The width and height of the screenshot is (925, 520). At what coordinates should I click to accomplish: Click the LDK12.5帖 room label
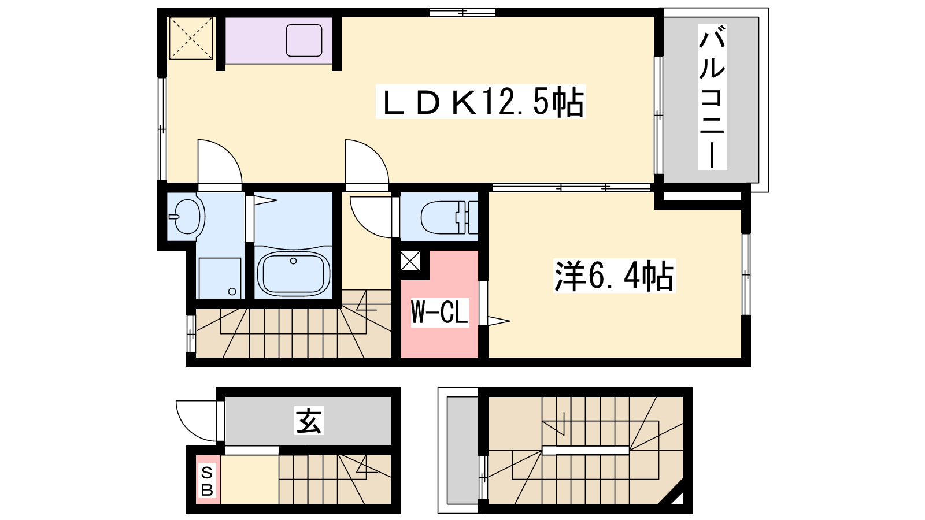coord(481,102)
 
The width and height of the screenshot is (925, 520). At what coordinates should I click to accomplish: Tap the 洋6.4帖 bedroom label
coord(614,276)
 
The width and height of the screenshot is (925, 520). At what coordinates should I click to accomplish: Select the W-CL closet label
coord(440,313)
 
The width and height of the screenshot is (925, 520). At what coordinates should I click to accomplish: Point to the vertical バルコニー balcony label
coord(712,97)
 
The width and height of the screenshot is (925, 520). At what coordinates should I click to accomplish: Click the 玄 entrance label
coord(309,421)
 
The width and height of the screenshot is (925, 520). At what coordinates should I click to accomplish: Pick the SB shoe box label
coord(207,480)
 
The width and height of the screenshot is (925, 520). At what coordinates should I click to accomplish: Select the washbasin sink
coord(186,216)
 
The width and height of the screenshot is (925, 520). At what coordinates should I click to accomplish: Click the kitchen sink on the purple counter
coord(304,40)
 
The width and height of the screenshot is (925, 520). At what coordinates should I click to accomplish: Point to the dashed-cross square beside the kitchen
coord(191,38)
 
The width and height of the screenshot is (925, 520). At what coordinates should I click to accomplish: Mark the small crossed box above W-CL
coord(410,261)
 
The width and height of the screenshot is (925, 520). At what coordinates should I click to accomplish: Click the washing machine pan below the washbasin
coord(220,278)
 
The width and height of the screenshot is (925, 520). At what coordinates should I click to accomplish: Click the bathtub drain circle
coord(294,261)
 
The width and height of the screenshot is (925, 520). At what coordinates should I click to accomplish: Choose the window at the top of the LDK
coord(462,12)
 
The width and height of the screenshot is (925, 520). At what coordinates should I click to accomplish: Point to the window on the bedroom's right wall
coord(746,274)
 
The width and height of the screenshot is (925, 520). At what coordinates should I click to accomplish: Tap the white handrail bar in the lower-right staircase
coord(586,450)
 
